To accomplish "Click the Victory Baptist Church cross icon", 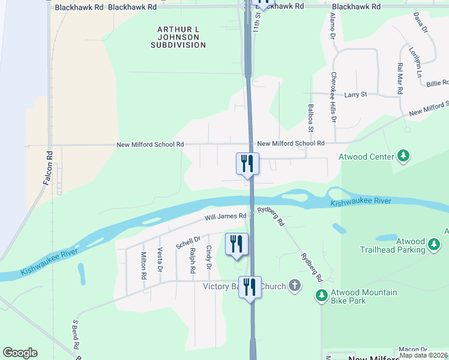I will [294, 286].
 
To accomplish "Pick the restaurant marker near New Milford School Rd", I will [248, 163].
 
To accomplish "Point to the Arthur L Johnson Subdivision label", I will [178, 37].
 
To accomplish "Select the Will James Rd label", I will [225, 216].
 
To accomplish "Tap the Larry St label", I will [355, 95].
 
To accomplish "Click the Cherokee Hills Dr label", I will [334, 98].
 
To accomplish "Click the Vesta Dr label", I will [160, 260].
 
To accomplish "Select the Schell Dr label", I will [188, 243].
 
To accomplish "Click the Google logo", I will [20, 353].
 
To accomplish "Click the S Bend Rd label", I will [76, 335].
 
